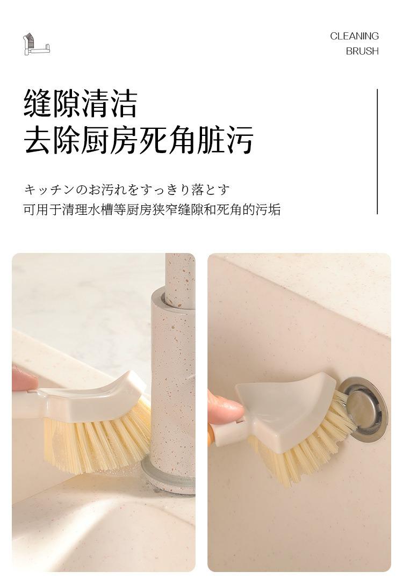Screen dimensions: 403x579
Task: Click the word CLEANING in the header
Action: [354, 36]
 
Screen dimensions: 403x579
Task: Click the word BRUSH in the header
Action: [362, 51]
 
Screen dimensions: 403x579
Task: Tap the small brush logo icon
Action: [37, 44]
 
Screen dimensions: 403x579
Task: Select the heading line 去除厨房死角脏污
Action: [139, 140]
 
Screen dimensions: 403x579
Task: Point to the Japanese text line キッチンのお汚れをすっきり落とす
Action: [127, 190]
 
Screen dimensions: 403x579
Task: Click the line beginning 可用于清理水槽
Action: [152, 209]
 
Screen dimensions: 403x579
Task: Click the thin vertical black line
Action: [377, 151]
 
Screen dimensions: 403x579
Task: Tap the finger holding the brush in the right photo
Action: [225, 409]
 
